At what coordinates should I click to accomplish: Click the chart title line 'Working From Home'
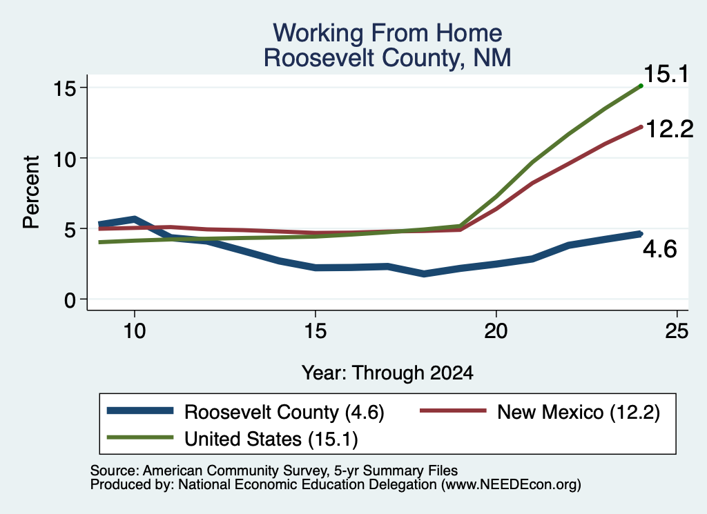(387, 33)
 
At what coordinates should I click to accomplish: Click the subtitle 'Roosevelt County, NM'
(387, 58)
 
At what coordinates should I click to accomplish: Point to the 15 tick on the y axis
(64, 88)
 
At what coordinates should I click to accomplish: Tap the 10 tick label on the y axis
(64, 159)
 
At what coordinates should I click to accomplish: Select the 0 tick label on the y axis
(70, 300)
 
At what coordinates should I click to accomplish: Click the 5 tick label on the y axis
(70, 229)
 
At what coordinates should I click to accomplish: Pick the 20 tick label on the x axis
(496, 331)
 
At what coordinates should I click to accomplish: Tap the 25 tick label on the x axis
(677, 331)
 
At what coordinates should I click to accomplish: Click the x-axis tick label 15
(315, 331)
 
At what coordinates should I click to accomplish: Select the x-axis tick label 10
(135, 331)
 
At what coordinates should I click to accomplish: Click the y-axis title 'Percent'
(31, 192)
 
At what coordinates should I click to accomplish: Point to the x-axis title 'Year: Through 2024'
(387, 373)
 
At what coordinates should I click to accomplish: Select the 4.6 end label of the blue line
(659, 249)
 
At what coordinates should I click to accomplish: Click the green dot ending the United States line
(641, 86)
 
